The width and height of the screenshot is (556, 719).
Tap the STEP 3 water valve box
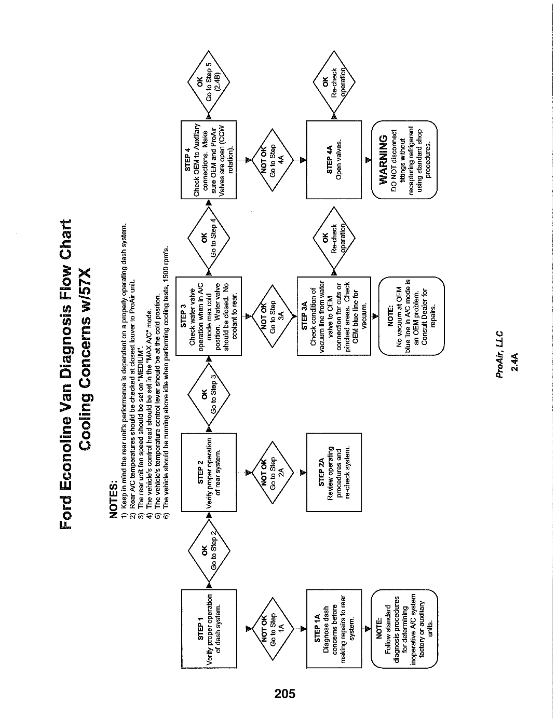point(209,316)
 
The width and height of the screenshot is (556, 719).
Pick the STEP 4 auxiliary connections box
point(209,160)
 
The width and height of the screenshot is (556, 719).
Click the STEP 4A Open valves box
point(334,160)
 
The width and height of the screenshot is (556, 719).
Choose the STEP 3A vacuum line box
point(334,316)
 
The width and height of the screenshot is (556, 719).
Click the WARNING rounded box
point(404,160)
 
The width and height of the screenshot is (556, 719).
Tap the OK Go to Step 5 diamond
point(209,82)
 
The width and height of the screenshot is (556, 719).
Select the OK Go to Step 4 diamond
point(209,238)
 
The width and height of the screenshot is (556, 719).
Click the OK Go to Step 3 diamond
point(209,394)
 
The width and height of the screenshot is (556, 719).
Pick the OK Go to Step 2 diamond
point(209,550)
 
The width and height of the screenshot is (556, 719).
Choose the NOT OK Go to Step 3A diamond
point(272,316)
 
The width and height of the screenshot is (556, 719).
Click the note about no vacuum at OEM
point(411,316)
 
